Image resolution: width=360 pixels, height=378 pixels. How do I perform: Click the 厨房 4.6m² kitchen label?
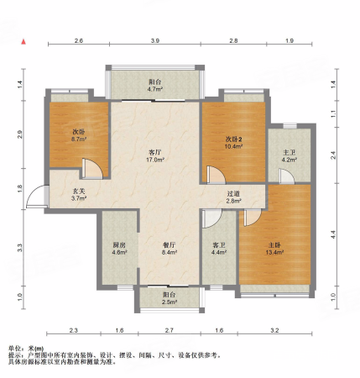point(119,249)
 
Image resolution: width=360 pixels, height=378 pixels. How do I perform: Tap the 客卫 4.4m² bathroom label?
point(220,249)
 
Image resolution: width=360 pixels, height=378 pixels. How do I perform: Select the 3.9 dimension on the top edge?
point(154,40)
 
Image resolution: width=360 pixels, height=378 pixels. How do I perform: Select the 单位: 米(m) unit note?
point(28,348)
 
